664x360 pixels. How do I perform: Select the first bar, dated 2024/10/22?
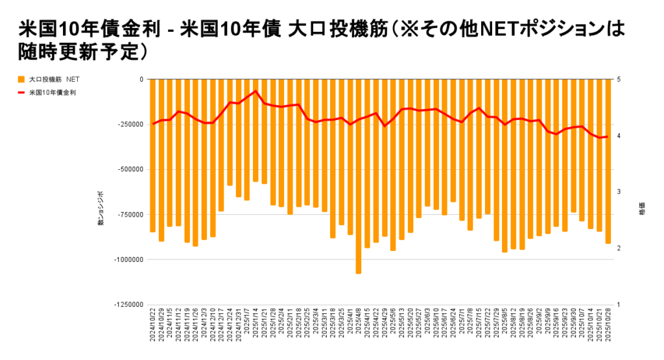153,156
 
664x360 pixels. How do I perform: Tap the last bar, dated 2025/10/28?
608,162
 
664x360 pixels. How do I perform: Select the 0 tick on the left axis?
141,79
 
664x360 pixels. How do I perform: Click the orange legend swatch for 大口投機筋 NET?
21,79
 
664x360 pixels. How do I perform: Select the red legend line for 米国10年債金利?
21,93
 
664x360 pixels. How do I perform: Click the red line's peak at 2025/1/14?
255,91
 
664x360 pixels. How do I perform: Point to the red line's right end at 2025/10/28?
608,136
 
